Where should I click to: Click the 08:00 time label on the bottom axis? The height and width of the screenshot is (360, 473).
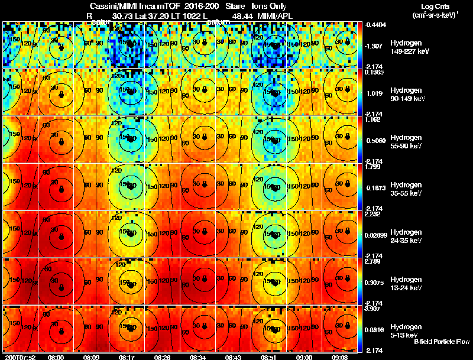56,357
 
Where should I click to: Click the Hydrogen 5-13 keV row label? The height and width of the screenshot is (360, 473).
406,330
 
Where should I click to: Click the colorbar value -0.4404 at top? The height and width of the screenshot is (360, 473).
376,25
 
